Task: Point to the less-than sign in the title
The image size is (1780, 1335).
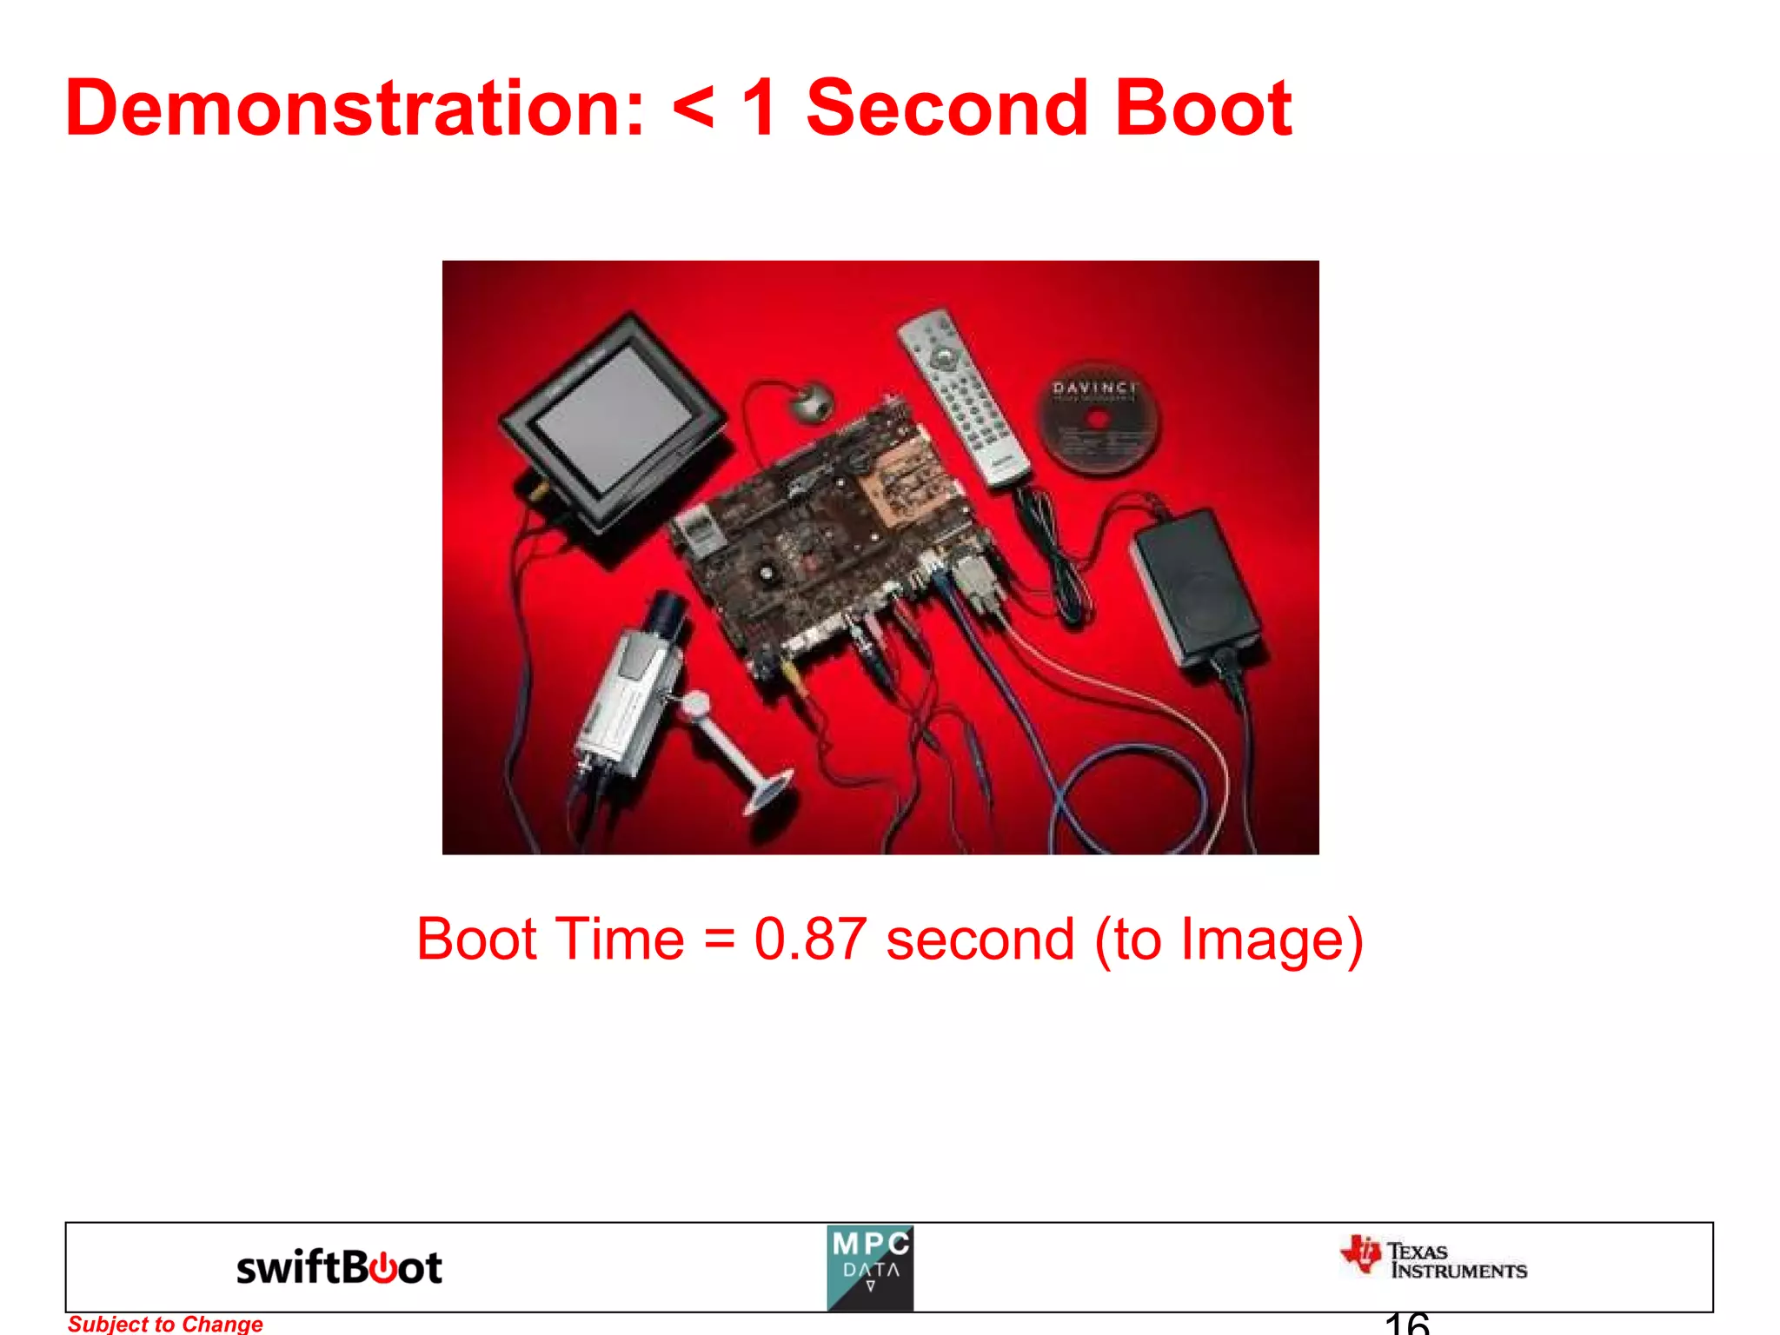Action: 693,110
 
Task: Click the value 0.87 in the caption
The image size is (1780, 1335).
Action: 810,940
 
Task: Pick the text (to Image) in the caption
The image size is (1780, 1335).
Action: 1228,940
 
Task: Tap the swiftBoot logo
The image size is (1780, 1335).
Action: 339,1267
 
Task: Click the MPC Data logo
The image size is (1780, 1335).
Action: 870,1267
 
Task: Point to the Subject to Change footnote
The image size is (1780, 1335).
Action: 165,1324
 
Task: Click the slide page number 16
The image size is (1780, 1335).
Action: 1406,1324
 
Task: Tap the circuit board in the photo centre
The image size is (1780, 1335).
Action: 834,539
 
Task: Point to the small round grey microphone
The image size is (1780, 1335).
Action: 813,402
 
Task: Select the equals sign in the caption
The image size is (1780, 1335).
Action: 719,940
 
